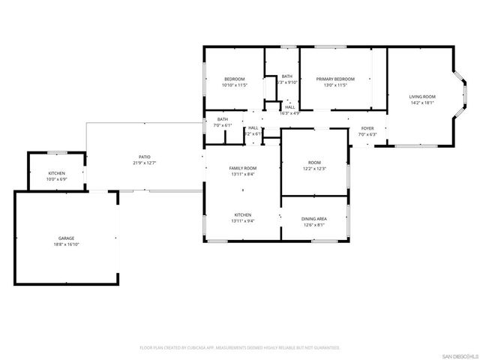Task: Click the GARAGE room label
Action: tap(66, 238)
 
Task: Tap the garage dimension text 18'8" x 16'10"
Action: tap(66, 244)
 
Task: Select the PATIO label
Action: tap(144, 157)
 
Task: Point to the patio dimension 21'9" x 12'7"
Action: tap(144, 163)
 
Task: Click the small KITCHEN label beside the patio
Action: tap(57, 173)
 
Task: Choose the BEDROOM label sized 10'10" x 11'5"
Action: tap(234, 79)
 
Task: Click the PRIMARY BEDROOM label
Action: tap(334, 79)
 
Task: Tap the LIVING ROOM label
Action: tap(421, 97)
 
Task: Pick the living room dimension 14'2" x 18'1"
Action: tap(421, 103)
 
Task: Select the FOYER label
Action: tap(367, 128)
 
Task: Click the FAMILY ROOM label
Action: tap(243, 168)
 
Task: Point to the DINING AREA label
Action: tap(314, 218)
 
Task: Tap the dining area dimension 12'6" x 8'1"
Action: tap(314, 224)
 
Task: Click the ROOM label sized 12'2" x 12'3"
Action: tap(314, 162)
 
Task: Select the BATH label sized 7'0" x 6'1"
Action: tap(223, 119)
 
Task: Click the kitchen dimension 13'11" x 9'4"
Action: tap(243, 220)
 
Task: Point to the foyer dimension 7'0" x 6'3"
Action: tap(367, 134)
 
